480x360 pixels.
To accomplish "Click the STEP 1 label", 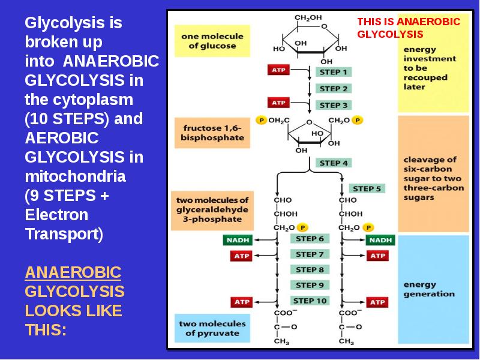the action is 334,72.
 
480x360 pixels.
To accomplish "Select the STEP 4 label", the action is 334,163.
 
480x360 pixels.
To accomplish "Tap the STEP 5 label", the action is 367,188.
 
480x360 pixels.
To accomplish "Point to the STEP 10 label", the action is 310,301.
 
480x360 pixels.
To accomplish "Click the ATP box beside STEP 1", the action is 278,70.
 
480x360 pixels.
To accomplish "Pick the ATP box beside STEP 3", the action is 278,103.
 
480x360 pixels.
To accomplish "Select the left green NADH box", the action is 238,240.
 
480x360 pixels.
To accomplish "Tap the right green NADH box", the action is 380,240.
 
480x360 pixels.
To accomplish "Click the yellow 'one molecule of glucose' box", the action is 212,41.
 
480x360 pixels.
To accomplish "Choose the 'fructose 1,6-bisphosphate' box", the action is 212,133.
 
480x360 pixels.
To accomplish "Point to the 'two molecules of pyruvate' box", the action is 212,328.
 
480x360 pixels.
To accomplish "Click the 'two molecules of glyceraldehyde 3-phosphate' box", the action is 212,211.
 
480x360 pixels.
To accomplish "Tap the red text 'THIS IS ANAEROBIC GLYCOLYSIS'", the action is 409,28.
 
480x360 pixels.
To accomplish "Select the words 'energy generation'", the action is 429,289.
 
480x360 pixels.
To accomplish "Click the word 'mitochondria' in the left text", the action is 76,176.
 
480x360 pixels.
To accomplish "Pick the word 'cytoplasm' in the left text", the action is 93,100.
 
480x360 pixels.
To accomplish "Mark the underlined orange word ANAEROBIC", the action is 73,272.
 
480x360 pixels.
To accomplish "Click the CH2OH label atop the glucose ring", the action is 308,18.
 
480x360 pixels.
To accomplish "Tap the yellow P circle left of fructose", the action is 261,120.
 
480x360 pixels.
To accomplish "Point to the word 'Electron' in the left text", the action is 56,215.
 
